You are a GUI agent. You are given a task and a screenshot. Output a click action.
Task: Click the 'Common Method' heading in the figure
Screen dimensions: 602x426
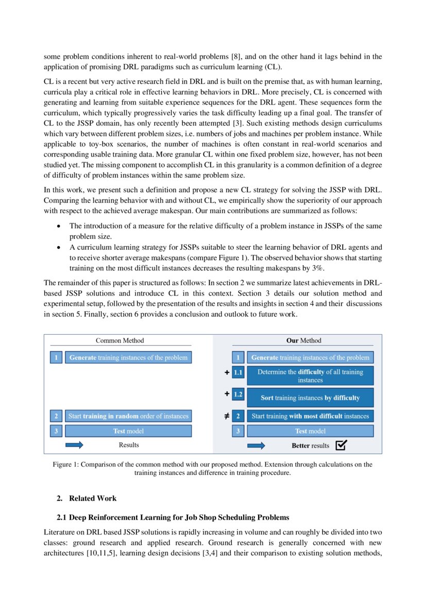click(120, 340)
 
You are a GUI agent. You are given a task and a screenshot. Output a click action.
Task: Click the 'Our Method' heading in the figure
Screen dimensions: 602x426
click(303, 340)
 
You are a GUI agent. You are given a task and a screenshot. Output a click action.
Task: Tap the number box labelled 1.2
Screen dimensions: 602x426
click(238, 395)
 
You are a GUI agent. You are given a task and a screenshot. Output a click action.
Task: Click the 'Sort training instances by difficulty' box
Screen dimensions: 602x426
click(310, 398)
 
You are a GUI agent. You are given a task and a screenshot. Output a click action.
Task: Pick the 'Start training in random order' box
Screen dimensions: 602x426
click(128, 416)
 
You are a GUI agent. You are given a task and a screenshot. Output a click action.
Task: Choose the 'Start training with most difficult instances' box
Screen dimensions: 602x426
click(310, 416)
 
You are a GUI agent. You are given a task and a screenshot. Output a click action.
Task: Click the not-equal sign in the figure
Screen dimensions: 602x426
click(227, 416)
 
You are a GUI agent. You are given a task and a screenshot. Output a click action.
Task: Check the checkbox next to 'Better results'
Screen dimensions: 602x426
click(340, 445)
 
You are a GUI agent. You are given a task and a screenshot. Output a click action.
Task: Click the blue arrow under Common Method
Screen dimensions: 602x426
click(74, 445)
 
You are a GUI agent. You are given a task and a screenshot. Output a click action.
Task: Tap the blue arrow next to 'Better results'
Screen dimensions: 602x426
click(256, 445)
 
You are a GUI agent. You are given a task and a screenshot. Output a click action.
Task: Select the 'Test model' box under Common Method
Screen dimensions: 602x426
click(128, 431)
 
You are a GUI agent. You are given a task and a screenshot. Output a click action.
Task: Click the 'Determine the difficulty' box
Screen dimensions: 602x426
click(310, 376)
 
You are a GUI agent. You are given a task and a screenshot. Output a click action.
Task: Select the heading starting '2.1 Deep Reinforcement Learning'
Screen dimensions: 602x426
click(173, 517)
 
